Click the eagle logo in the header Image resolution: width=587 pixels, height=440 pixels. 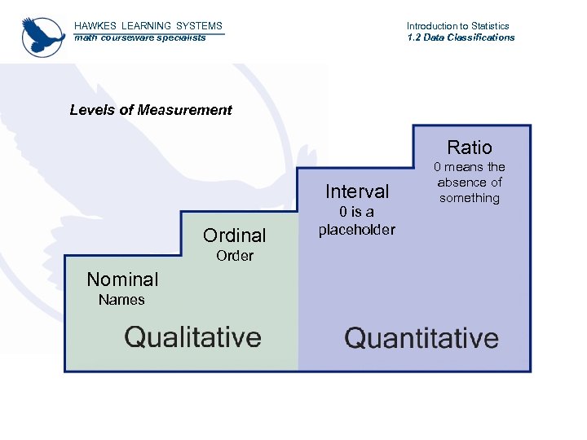(x=43, y=36)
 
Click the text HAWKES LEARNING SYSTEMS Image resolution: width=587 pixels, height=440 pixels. (x=148, y=26)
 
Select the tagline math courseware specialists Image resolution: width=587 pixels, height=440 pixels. (x=140, y=37)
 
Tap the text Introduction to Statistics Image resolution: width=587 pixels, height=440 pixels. (x=457, y=26)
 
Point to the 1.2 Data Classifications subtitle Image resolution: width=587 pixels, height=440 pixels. (x=461, y=37)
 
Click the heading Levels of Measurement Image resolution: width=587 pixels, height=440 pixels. (x=151, y=110)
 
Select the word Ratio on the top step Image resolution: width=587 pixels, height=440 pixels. (x=470, y=147)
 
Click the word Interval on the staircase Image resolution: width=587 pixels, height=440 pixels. (x=357, y=191)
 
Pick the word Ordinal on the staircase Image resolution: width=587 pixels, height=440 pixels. (x=235, y=235)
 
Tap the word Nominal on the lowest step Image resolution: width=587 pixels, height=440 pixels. (x=123, y=279)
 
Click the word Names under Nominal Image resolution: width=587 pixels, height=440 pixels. (x=121, y=300)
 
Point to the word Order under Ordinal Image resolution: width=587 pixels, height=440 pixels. (x=235, y=256)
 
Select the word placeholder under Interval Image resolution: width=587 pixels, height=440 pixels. (x=357, y=230)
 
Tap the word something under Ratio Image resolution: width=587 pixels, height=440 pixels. (x=470, y=198)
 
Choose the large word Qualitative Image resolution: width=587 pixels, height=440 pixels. (x=192, y=337)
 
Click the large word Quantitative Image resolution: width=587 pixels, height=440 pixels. (x=421, y=338)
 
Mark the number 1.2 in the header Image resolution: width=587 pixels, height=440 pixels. (x=414, y=37)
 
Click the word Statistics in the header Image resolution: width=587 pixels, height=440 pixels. (x=485, y=26)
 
